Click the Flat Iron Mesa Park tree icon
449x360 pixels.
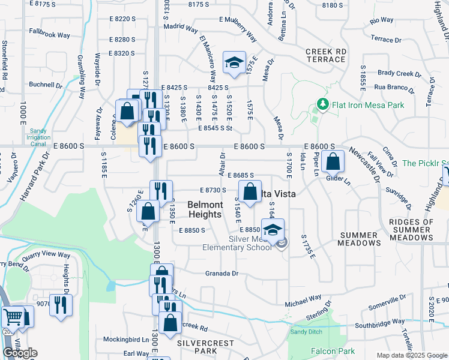point(323,106)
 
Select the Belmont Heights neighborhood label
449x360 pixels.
point(205,209)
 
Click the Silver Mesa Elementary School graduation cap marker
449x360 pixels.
point(273,230)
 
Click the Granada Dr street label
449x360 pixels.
point(222,274)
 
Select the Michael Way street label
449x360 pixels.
point(303,298)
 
